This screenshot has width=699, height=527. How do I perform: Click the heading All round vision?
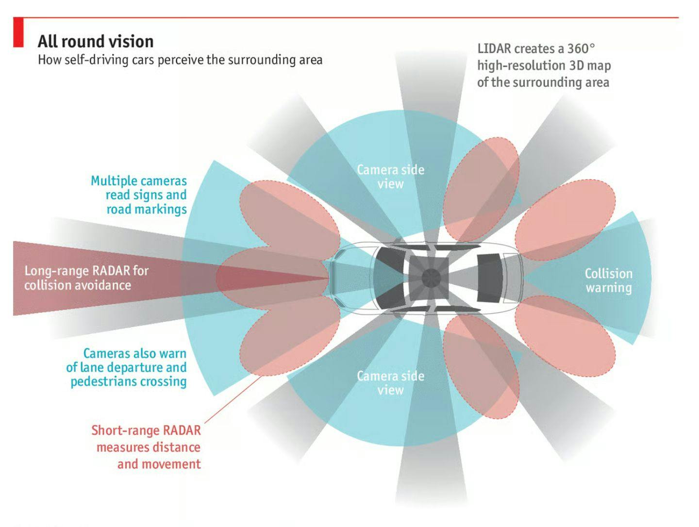click(96, 41)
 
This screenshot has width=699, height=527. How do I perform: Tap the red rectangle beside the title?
click(18, 32)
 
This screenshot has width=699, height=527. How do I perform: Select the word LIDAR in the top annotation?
click(494, 49)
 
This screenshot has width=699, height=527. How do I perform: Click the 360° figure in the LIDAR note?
click(581, 49)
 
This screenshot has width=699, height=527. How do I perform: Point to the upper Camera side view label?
click(390, 177)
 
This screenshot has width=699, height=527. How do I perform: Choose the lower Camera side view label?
click(390, 382)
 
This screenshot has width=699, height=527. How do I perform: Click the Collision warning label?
click(608, 280)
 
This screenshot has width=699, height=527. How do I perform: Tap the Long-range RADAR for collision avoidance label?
click(86, 278)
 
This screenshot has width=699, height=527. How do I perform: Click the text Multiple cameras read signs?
click(139, 188)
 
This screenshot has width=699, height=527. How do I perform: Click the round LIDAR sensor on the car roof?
click(429, 278)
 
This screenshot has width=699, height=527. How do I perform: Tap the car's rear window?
click(488, 278)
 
